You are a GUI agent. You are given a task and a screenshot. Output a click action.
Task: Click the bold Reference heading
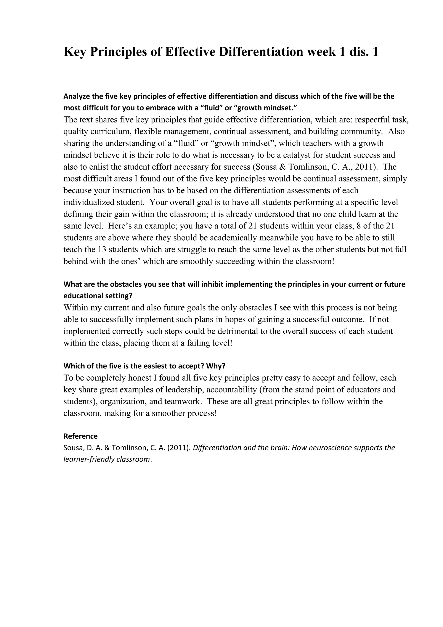coord(80,436)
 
